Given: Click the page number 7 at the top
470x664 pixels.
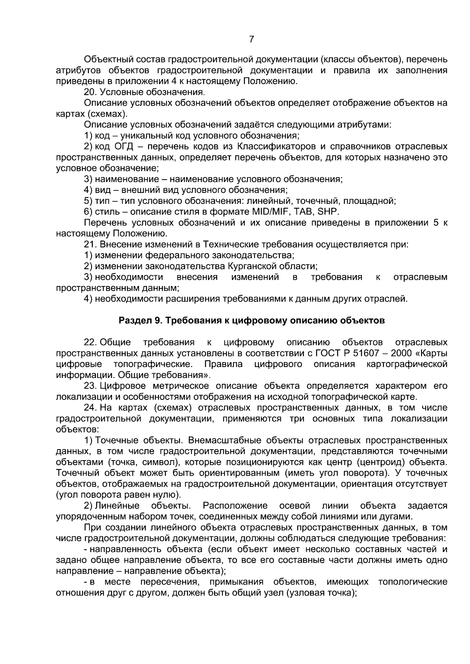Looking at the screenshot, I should pos(251,40).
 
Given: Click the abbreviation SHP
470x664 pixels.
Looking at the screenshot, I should pos(328,212).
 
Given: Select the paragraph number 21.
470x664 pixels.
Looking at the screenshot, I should pos(90,245).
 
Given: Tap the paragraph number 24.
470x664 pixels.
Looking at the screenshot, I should pos(90,408).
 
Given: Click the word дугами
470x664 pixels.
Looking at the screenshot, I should pos(396,516).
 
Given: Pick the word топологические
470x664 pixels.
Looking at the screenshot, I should pos(413,581).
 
